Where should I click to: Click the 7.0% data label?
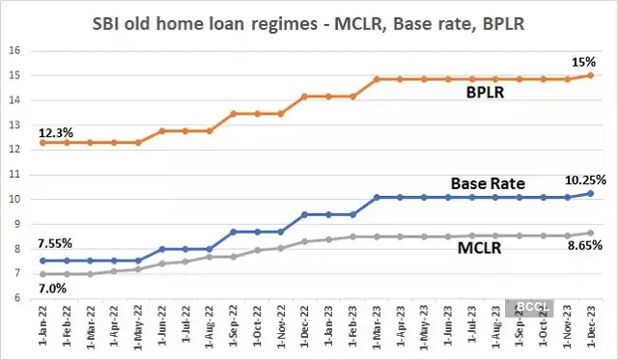point(54,288)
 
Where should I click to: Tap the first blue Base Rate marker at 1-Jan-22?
point(42,260)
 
